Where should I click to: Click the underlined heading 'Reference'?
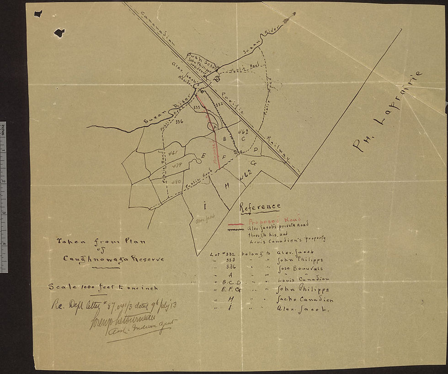coord(260,207)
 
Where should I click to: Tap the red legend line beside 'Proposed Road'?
coord(235,225)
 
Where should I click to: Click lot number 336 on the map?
coord(179,121)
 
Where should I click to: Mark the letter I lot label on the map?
coord(205,205)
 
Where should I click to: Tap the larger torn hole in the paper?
coord(59,32)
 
